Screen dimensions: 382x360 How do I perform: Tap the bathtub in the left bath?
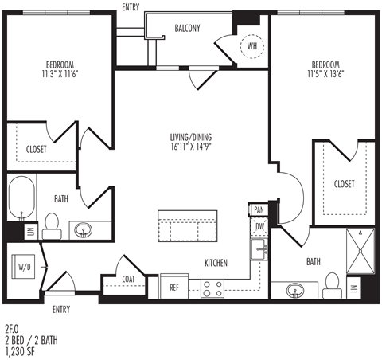click(x=21, y=198)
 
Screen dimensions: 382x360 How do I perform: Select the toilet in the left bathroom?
click(x=52, y=226)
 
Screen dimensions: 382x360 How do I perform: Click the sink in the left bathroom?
click(x=84, y=230)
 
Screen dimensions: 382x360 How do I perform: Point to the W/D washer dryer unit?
click(x=23, y=267)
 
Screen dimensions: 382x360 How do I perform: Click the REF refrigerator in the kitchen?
click(x=174, y=287)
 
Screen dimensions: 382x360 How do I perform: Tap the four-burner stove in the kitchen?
click(x=212, y=289)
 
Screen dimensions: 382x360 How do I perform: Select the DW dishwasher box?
click(x=259, y=226)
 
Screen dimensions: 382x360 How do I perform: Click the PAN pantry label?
click(x=259, y=210)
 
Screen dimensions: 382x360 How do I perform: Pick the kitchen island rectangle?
click(x=188, y=226)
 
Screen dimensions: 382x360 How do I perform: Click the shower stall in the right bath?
click(x=361, y=251)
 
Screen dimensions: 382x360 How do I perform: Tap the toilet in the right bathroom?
click(x=332, y=286)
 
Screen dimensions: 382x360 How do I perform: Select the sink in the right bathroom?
click(x=295, y=290)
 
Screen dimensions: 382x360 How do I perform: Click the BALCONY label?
click(x=187, y=28)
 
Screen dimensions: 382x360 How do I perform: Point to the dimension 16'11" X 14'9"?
click(x=191, y=147)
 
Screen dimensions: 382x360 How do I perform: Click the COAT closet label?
click(x=128, y=279)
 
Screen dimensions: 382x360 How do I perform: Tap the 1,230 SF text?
click(x=20, y=351)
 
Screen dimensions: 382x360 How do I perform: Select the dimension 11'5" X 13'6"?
click(x=325, y=74)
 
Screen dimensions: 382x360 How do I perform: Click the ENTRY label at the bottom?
click(x=61, y=309)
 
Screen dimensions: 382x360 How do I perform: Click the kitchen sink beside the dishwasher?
click(x=259, y=249)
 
